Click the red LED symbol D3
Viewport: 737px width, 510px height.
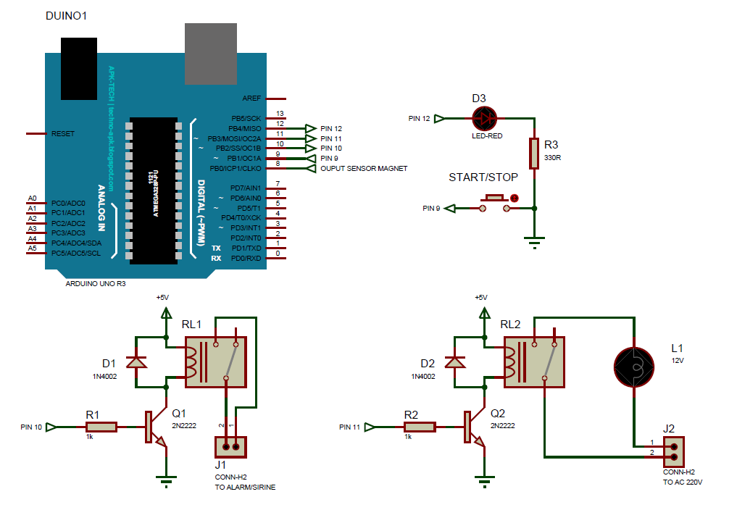click(484, 118)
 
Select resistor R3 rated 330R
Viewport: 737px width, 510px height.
click(534, 153)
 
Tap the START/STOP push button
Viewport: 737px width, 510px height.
click(496, 202)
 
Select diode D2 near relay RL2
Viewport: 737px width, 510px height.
click(454, 361)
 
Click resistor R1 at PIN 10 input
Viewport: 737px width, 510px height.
click(99, 427)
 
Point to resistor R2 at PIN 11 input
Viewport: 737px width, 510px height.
click(418, 427)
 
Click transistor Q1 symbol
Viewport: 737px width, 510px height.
click(154, 427)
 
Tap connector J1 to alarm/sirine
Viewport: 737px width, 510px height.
click(231, 446)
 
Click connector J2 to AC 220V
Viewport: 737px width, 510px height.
click(674, 452)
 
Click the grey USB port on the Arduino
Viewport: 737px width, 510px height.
click(211, 54)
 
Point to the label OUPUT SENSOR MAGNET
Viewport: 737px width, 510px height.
click(364, 169)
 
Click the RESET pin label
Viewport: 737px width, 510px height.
click(62, 134)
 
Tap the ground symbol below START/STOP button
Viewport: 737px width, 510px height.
click(534, 241)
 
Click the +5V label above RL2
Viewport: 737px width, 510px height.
click(480, 297)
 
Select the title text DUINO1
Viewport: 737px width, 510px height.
click(66, 16)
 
